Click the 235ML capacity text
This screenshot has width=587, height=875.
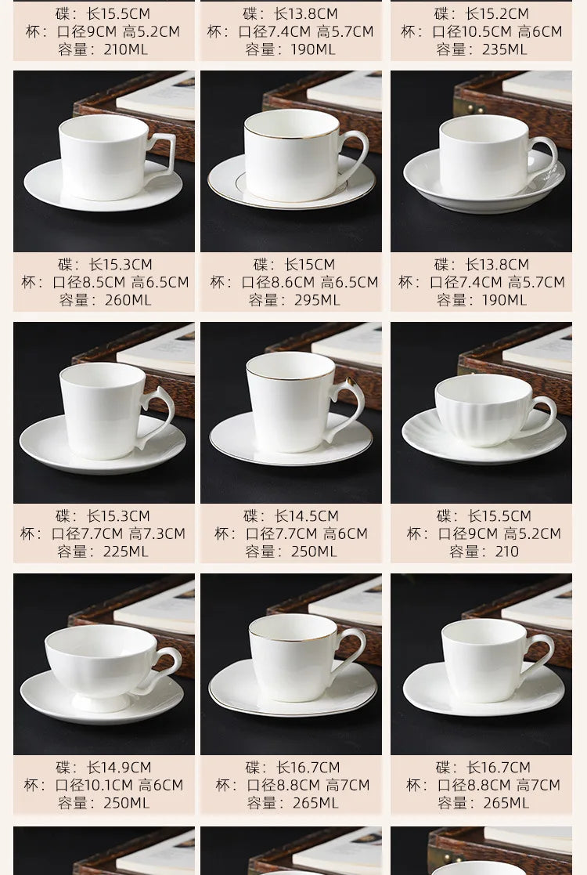(x=504, y=49)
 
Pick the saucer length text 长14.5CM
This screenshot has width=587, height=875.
(x=307, y=516)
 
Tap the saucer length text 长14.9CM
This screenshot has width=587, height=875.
(x=119, y=768)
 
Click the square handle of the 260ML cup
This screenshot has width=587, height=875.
(x=163, y=153)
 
